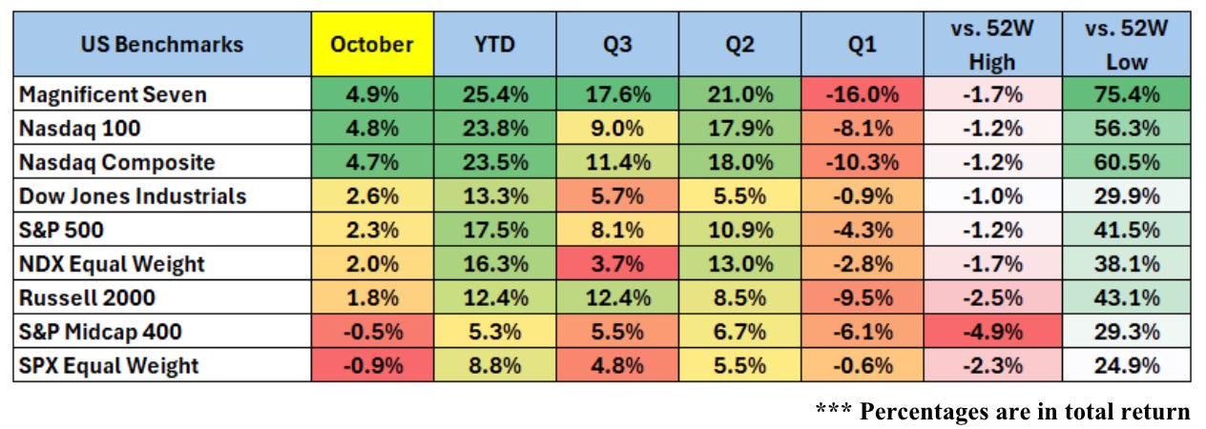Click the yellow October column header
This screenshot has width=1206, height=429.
pos(372,45)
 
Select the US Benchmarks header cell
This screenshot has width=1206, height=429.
pos(162,45)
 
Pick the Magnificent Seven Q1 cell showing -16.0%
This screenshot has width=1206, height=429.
pos(863,94)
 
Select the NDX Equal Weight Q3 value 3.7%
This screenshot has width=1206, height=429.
pos(617,264)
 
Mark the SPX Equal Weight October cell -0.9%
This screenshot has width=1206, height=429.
pos(372,366)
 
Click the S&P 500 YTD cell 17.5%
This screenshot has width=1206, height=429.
pos(494,231)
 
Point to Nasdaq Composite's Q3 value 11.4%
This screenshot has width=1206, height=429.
pos(617,163)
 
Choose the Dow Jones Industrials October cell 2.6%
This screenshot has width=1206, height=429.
pos(372,196)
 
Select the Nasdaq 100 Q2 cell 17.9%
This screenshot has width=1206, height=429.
pos(740,129)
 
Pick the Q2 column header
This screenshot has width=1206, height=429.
pos(740,45)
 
